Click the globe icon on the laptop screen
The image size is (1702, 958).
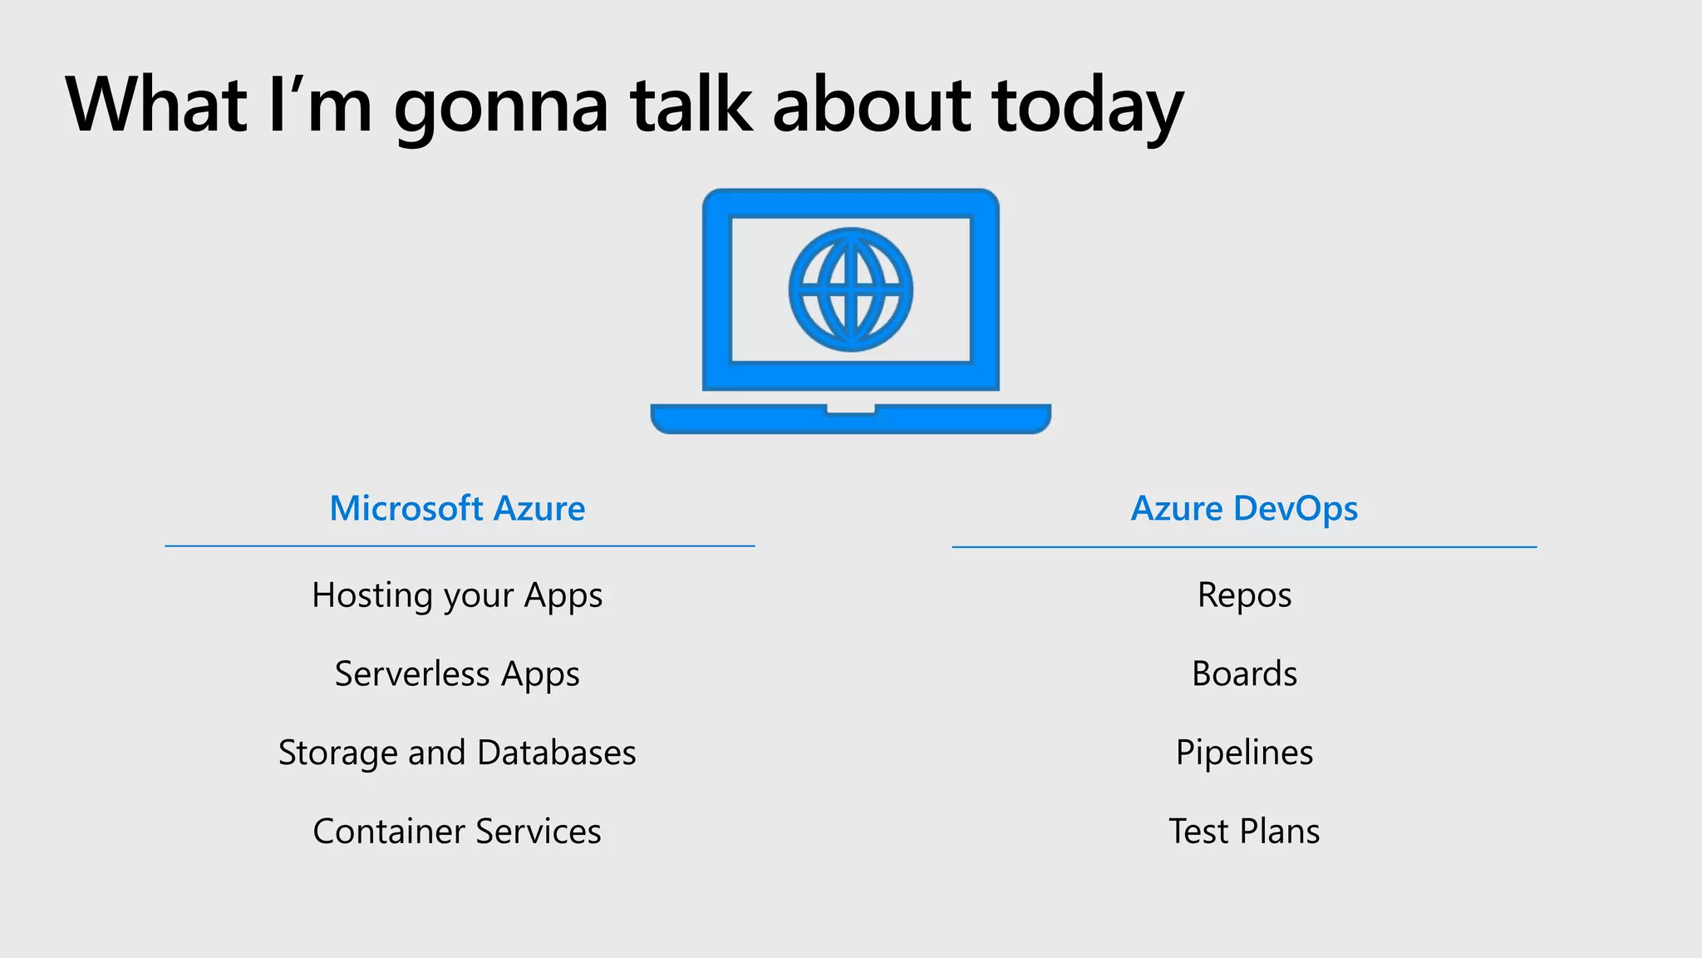(x=850, y=289)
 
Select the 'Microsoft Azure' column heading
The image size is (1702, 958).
(x=457, y=508)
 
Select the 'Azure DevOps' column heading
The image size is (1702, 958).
(x=1244, y=508)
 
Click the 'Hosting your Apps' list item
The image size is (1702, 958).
(x=457, y=595)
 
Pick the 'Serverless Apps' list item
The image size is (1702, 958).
(x=457, y=674)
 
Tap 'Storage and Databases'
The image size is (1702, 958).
(x=457, y=753)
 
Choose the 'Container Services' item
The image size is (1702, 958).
(x=457, y=831)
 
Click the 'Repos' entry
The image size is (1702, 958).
(x=1244, y=595)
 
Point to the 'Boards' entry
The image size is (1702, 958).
(x=1244, y=674)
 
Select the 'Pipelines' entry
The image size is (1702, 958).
(x=1244, y=753)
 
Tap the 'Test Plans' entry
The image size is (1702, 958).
(x=1244, y=831)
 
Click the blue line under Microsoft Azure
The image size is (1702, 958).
(x=460, y=546)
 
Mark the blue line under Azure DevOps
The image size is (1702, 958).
(x=1244, y=547)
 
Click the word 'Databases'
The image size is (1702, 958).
(x=557, y=753)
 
